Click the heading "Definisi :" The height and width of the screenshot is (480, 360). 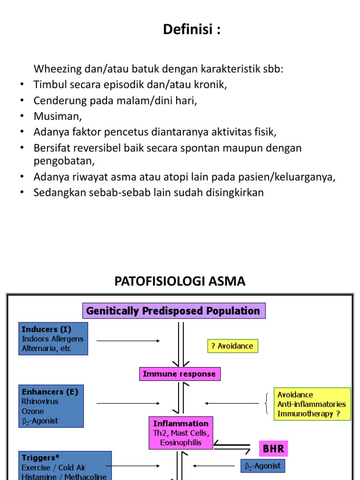[x=192, y=30]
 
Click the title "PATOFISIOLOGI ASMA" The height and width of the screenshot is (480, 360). [x=180, y=281]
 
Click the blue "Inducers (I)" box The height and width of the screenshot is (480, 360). [x=53, y=338]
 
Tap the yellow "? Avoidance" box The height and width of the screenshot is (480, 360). [x=232, y=346]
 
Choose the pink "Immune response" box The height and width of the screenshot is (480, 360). [x=180, y=374]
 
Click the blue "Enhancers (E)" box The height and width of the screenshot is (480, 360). [x=51, y=406]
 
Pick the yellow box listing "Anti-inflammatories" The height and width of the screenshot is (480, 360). [x=312, y=404]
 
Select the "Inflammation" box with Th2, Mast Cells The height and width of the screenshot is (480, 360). [x=181, y=432]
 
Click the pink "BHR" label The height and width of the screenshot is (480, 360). [x=273, y=449]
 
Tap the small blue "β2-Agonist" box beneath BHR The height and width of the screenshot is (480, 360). [x=262, y=465]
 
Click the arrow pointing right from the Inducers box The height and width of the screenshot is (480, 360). [x=127, y=341]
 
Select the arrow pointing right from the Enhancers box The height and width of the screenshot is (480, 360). [x=127, y=403]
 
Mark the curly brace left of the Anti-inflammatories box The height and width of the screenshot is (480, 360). [x=267, y=404]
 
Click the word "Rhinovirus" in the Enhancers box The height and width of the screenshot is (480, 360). [x=40, y=401]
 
